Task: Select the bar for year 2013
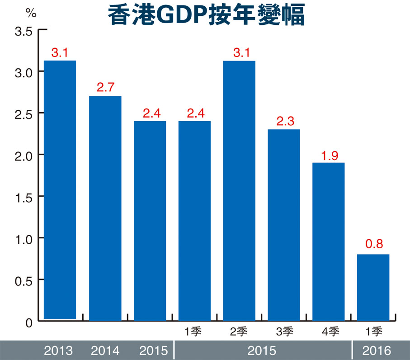60,190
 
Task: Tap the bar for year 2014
105,208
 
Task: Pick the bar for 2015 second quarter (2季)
239,190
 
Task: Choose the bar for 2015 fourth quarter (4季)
329,242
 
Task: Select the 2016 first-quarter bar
373,287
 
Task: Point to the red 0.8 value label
373,245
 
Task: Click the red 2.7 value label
105,87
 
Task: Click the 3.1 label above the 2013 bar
60,52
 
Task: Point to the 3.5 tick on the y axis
23,32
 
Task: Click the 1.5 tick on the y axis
23,196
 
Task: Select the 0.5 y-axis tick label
23,280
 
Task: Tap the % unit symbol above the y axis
31,13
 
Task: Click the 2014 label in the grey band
105,351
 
